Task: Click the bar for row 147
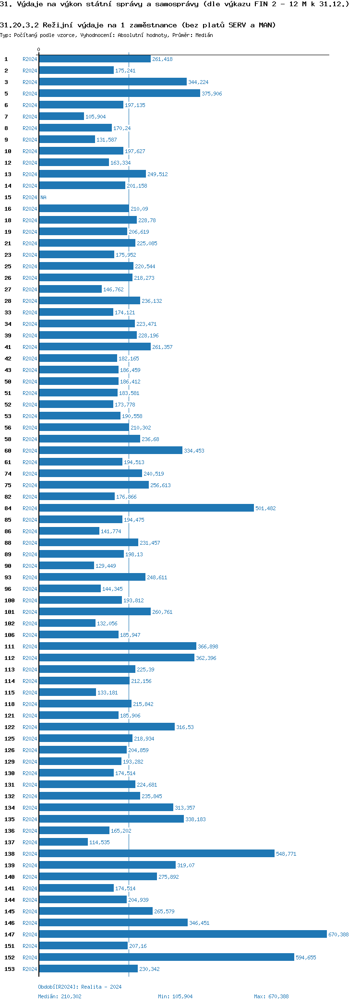(182, 934)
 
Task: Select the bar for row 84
(146, 508)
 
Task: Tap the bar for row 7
(61, 116)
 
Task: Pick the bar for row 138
(156, 853)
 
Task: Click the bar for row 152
(167, 957)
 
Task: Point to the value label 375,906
(212, 94)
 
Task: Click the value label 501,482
(265, 508)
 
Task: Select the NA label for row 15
(43, 197)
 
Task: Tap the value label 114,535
(99, 842)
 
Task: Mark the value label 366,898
(208, 646)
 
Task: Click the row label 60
(8, 451)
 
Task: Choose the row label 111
(10, 646)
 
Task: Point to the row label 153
(10, 969)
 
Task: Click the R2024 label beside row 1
(30, 59)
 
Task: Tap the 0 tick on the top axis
(39, 49)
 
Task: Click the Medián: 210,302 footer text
(60, 996)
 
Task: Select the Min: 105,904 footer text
(175, 996)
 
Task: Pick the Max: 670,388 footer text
(271, 996)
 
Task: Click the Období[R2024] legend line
(80, 987)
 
